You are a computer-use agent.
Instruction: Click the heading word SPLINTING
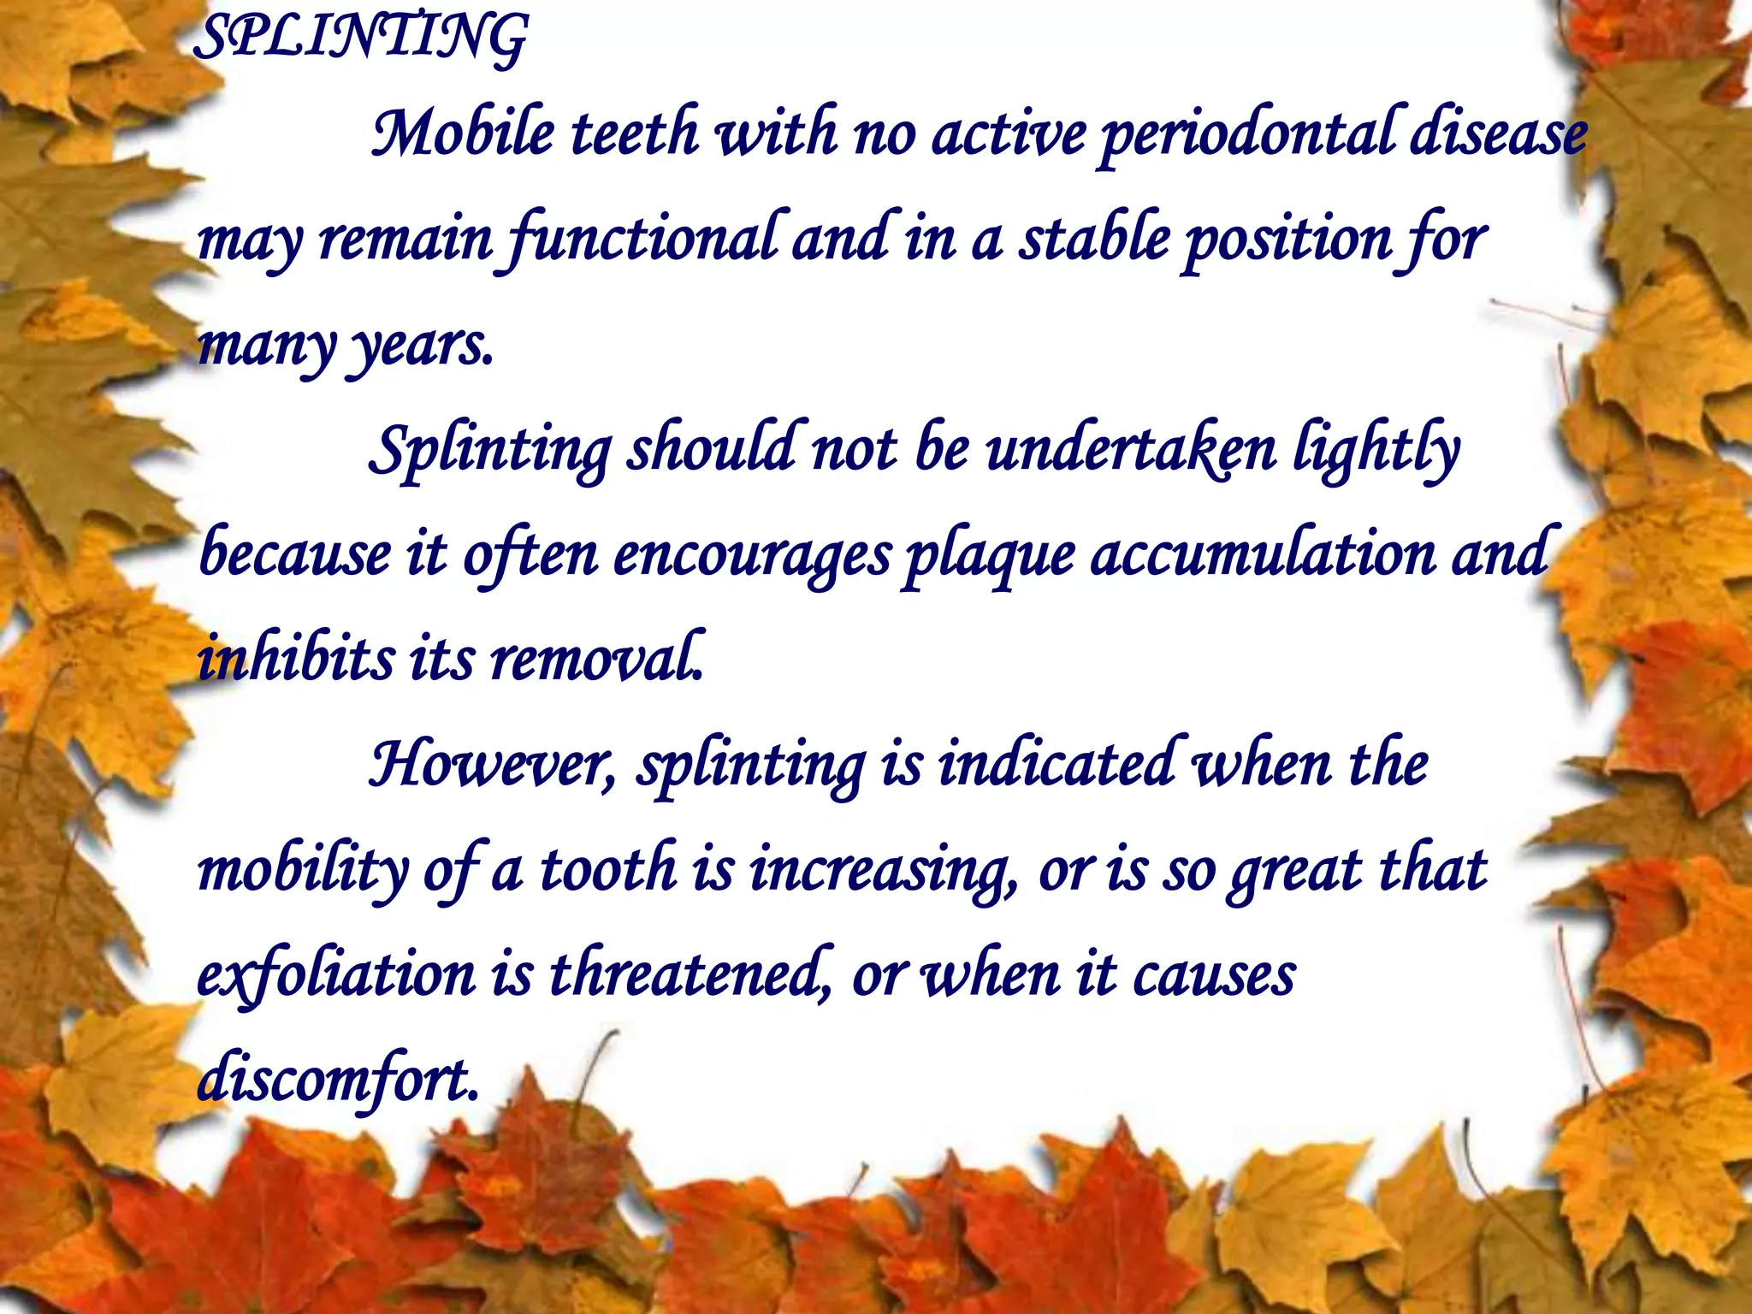point(359,38)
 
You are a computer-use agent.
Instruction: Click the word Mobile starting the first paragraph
point(462,135)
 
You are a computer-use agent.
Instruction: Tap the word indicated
point(1057,764)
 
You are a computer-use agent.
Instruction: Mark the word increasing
point(881,871)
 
